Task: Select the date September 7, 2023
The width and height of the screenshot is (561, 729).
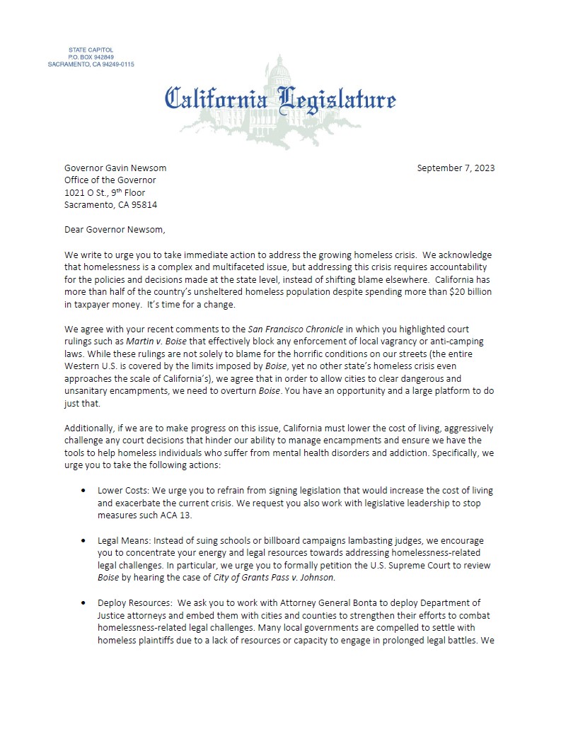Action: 456,168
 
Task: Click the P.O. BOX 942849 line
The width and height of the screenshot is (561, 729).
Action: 91,57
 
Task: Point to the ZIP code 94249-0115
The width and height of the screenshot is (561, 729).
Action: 114,64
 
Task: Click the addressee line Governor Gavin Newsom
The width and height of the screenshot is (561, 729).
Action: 115,168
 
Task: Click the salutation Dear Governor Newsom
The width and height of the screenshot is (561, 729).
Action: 113,229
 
